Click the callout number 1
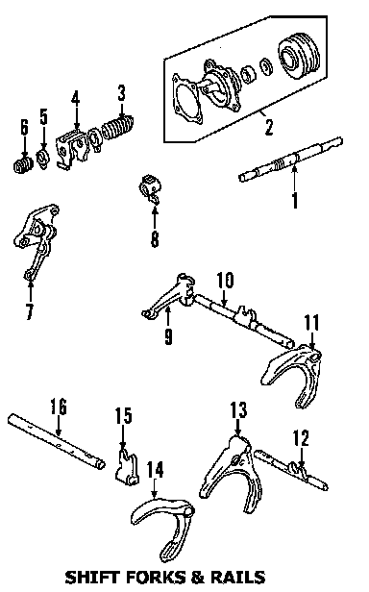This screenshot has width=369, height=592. pyautogui.click(x=295, y=200)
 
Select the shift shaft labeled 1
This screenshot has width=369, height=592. pyautogui.click(x=291, y=160)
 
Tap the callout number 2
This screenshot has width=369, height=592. pyautogui.click(x=268, y=127)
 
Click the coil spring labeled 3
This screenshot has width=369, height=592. pyautogui.click(x=117, y=128)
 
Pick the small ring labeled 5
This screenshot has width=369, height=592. pyautogui.click(x=42, y=159)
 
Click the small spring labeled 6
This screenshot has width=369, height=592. pyautogui.click(x=22, y=165)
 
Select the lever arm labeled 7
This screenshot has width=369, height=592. pyautogui.click(x=37, y=241)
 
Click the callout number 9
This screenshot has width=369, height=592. pyautogui.click(x=168, y=336)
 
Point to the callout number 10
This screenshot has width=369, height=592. pyautogui.click(x=225, y=281)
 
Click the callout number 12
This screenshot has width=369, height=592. pyautogui.click(x=302, y=438)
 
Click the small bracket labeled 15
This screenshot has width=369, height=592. pyautogui.click(x=126, y=467)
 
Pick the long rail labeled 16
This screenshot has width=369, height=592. pyautogui.click(x=57, y=442)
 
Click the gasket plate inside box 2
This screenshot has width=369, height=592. pyautogui.click(x=186, y=99)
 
